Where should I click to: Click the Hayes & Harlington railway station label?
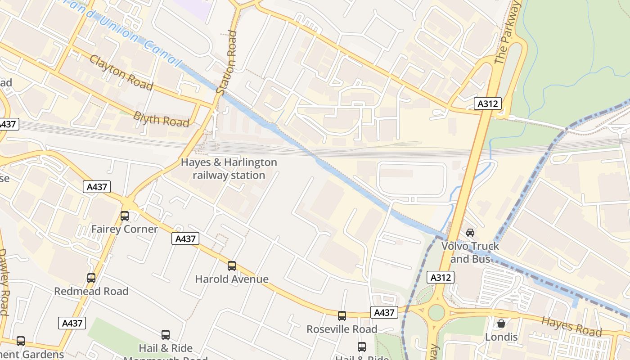point(229,169)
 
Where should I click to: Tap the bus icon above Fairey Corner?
point(125,216)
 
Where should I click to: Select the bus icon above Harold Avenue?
point(232,266)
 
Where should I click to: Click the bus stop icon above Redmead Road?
point(91,278)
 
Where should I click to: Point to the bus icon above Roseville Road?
point(342,316)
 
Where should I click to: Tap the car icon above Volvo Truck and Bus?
point(470,233)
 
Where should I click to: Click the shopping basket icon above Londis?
point(501,324)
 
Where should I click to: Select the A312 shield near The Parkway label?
point(488,104)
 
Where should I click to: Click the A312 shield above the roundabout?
point(441,278)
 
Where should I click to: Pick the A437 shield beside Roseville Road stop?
point(384,312)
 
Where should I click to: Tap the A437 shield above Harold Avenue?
point(185,239)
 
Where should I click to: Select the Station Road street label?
point(227,63)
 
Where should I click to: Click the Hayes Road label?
point(571,327)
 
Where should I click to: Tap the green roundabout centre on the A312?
point(436,312)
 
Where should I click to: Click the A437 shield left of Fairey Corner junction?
point(97,187)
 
